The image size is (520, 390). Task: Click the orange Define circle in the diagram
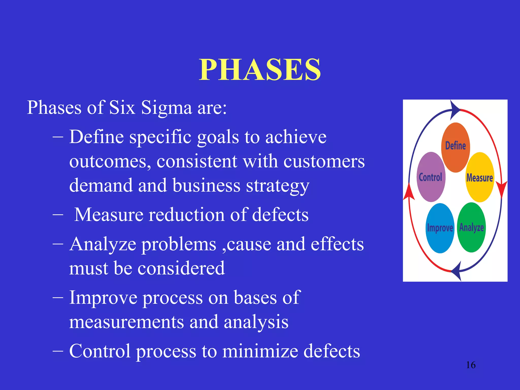(x=456, y=147)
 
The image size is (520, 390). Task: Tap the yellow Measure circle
(x=480, y=177)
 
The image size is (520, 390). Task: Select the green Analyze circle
(x=471, y=227)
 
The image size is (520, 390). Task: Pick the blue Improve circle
(x=440, y=228)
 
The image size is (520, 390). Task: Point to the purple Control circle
(x=431, y=177)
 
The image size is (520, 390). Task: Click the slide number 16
(x=470, y=365)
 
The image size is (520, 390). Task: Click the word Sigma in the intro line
(x=166, y=108)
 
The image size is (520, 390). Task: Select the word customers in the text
(x=324, y=161)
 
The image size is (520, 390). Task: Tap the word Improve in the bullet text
(x=103, y=298)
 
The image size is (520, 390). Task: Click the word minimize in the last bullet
(x=260, y=351)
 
